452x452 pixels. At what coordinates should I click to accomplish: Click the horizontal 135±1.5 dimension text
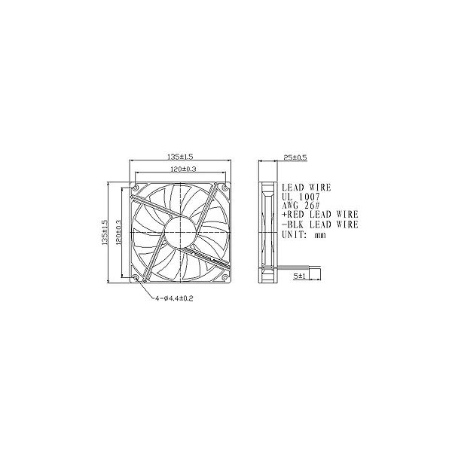point(180,157)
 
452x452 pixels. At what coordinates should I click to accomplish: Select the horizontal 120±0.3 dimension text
point(183,169)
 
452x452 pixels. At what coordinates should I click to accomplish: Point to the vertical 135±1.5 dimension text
point(105,233)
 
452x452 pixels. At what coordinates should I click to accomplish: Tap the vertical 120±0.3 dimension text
point(118,233)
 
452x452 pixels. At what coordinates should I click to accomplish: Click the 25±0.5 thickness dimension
point(295,157)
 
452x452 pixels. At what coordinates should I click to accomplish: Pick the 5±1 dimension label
point(300,276)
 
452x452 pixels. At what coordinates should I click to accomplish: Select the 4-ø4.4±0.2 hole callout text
point(174,298)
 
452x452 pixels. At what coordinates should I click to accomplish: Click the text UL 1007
point(301,197)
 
